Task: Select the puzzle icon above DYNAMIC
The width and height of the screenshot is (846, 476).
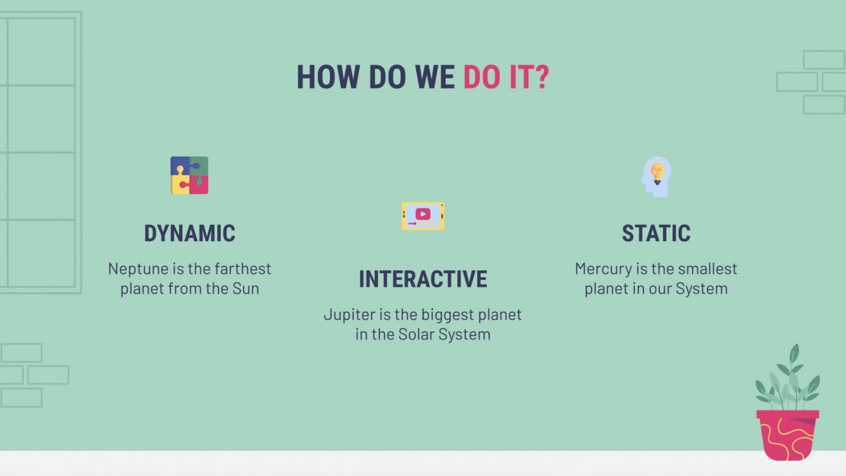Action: (189, 175)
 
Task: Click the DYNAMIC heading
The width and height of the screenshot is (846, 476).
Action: (189, 234)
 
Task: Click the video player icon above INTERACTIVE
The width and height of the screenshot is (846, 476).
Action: (423, 216)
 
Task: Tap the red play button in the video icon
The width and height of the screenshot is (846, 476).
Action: (423, 213)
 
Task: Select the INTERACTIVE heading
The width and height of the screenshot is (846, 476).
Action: (423, 279)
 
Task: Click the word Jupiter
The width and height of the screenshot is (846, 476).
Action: (348, 315)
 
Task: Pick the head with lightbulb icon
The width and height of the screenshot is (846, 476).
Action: (656, 176)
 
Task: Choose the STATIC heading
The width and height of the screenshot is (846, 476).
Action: (656, 234)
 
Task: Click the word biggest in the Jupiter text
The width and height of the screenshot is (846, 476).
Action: (455, 315)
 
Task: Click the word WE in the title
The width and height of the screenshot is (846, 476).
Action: (434, 77)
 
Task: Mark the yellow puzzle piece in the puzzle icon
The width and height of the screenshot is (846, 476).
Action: (180, 185)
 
